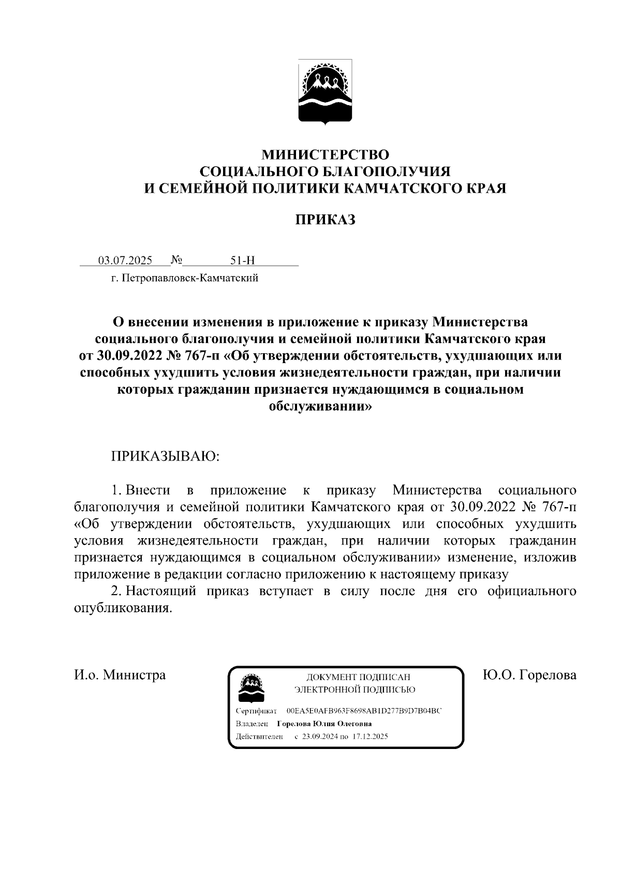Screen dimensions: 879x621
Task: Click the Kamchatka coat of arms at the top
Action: (325, 92)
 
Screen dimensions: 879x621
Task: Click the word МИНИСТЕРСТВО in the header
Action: (325, 154)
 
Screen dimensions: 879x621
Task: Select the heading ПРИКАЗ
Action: (325, 220)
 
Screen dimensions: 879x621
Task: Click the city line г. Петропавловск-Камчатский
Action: (184, 279)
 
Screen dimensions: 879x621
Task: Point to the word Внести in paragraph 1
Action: (148, 490)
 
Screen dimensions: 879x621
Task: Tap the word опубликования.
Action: (122, 608)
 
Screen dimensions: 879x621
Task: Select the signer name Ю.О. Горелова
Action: (528, 675)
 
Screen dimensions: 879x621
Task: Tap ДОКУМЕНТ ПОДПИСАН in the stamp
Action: (358, 676)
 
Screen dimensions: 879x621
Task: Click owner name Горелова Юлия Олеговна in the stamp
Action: (324, 724)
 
